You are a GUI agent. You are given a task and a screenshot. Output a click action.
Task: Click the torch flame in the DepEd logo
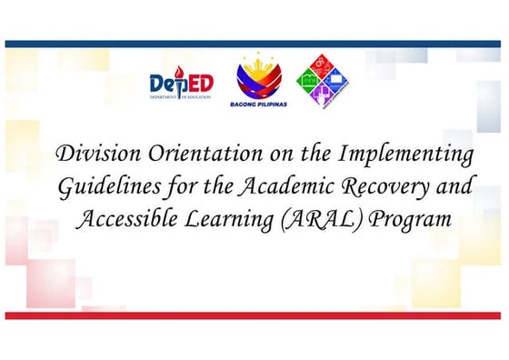(177, 75)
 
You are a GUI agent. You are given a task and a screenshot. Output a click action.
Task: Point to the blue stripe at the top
(254, 43)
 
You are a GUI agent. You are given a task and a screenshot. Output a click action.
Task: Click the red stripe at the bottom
(254, 315)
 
